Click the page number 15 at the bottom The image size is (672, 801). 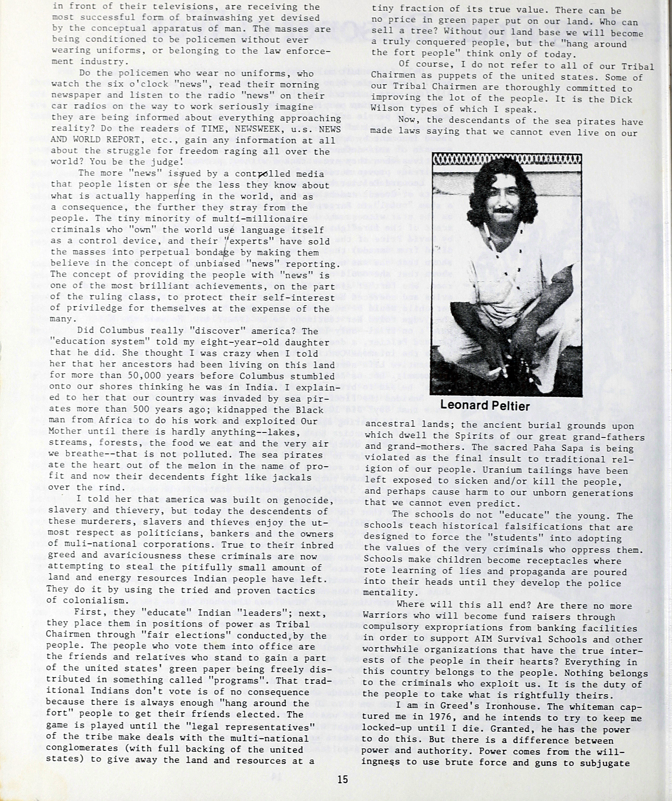(342, 779)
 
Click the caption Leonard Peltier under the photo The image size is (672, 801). (485, 405)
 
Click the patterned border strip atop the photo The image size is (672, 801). (506, 159)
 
